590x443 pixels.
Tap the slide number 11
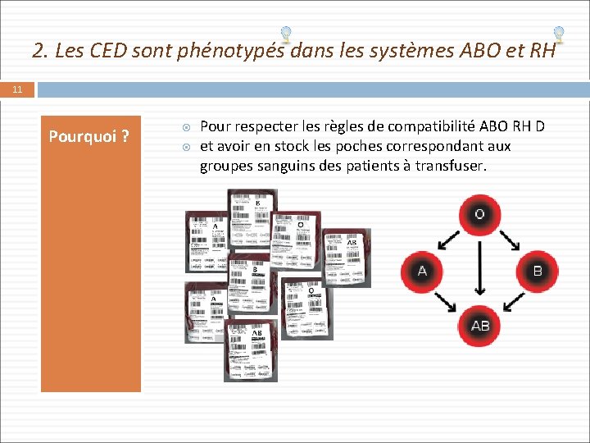coord(17,89)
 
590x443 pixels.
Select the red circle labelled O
coord(480,215)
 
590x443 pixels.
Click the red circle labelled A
coord(422,271)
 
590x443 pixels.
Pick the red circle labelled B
coord(538,271)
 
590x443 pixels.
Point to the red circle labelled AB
coord(480,326)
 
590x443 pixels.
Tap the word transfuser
coord(452,166)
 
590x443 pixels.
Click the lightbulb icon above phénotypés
coord(285,34)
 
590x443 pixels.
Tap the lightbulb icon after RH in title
coord(558,34)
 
